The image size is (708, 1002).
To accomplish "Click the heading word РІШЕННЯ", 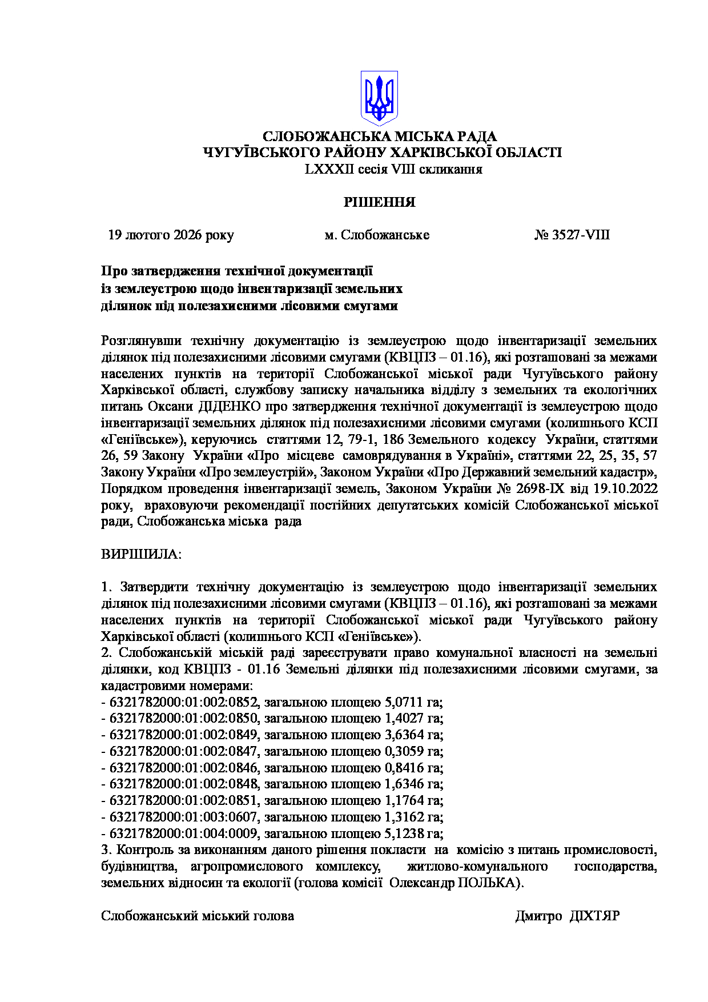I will pos(379,202).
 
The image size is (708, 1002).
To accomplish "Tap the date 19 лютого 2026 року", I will pos(171,235).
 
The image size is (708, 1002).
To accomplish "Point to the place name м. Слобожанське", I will pos(377,235).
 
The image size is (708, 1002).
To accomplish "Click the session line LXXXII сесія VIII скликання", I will pos(394,169).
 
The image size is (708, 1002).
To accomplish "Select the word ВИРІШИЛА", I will pos(140,554).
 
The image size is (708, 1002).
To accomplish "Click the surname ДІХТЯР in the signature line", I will pos(595,916).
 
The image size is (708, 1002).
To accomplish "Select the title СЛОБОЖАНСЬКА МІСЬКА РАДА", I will pos(379,137).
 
